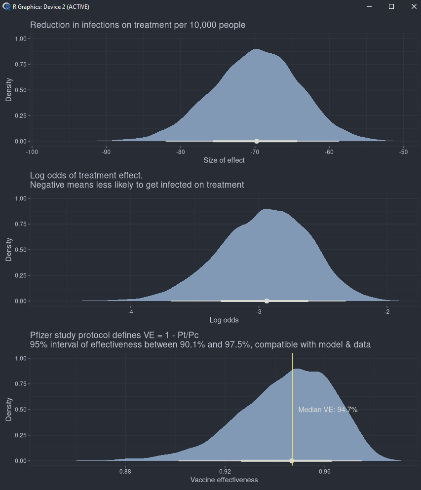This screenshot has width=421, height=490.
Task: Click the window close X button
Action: (414, 6)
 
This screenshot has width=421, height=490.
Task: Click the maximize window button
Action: (391, 6)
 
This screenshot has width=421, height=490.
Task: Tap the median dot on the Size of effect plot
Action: (257, 141)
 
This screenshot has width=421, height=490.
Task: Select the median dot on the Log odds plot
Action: (267, 301)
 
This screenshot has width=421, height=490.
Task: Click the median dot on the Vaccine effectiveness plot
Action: (292, 461)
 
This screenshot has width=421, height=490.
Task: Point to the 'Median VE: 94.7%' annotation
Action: (328, 410)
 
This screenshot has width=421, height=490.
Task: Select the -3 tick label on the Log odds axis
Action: (259, 311)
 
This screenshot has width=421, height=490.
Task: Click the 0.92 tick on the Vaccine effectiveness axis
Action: (225, 471)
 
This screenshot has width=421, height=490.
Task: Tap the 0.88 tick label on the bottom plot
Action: (125, 471)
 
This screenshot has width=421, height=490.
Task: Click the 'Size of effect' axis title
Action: (224, 160)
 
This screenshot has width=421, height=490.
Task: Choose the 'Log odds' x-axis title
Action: (224, 320)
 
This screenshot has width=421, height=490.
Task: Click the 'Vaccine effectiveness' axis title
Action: (224, 480)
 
